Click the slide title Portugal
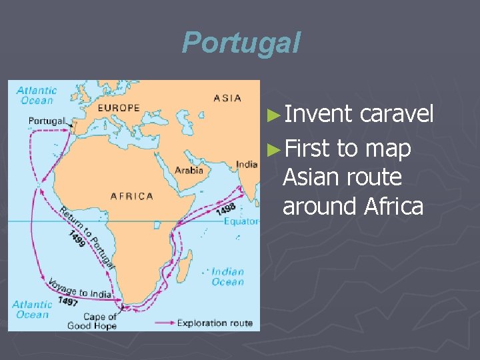pyautogui.click(x=241, y=43)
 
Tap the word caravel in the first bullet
pyautogui.click(x=397, y=114)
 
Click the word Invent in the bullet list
pyautogui.click(x=317, y=114)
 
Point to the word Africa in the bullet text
pyautogui.click(x=393, y=207)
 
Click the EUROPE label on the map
pyautogui.click(x=119, y=107)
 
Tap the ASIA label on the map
pyautogui.click(x=227, y=98)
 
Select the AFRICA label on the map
pyautogui.click(x=131, y=196)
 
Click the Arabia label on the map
pyautogui.click(x=189, y=171)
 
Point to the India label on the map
pyautogui.click(x=247, y=165)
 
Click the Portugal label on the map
pyautogui.click(x=47, y=121)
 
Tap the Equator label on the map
pyautogui.click(x=241, y=221)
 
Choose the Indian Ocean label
pyautogui.click(x=227, y=277)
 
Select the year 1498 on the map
pyautogui.click(x=225, y=209)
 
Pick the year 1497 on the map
pyautogui.click(x=67, y=301)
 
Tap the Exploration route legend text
pyautogui.click(x=215, y=323)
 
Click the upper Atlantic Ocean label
pyautogui.click(x=36, y=95)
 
